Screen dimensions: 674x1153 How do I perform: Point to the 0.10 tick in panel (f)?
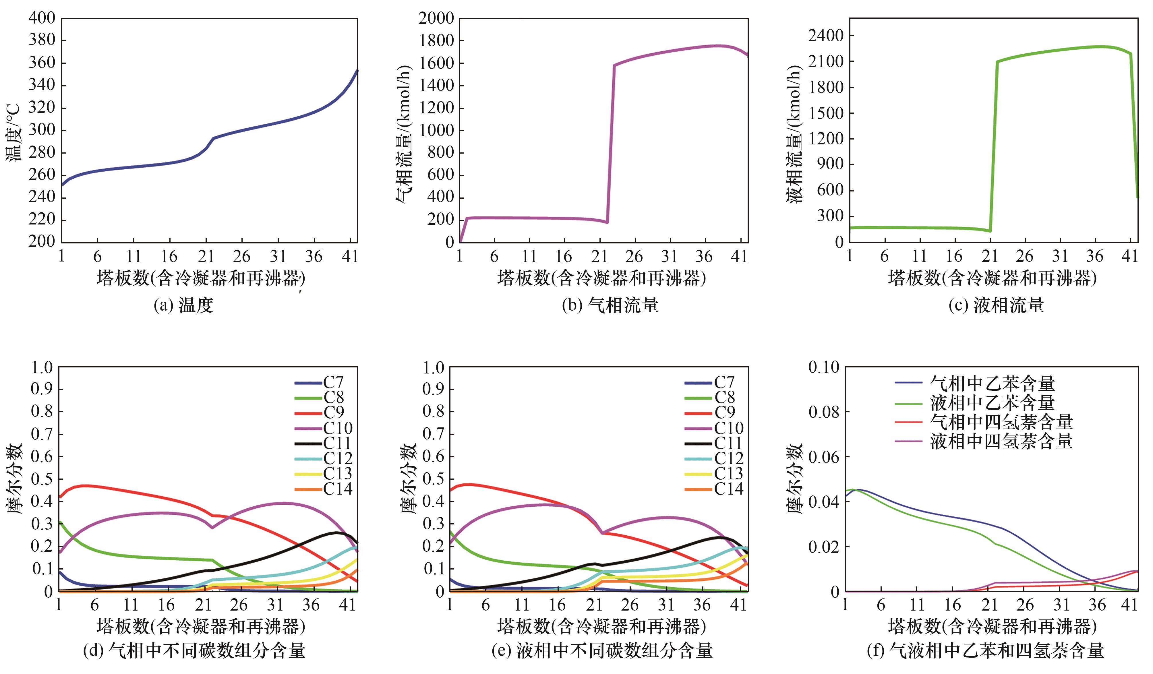click(x=824, y=367)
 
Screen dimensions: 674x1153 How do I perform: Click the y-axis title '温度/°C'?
click(x=14, y=133)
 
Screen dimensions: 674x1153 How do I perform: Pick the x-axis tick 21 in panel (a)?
click(x=206, y=256)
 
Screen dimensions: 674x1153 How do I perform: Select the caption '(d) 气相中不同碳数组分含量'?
click(x=194, y=650)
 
